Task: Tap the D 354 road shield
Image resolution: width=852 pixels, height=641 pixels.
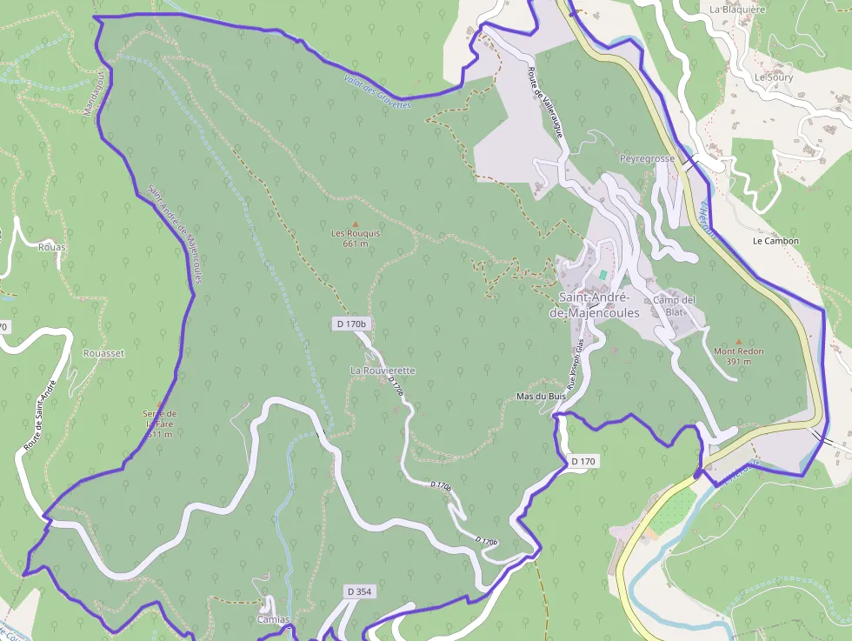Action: pyautogui.click(x=360, y=591)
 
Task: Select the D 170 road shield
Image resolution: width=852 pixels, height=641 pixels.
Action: pyautogui.click(x=584, y=461)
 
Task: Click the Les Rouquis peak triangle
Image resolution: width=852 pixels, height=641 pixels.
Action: pyautogui.click(x=355, y=224)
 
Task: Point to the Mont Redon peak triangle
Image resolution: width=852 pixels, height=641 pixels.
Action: pyautogui.click(x=739, y=342)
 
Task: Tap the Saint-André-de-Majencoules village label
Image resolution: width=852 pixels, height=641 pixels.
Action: pyautogui.click(x=601, y=306)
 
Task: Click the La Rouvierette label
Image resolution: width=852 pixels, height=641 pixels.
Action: pyautogui.click(x=383, y=371)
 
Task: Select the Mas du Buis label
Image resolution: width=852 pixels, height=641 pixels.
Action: pyautogui.click(x=541, y=396)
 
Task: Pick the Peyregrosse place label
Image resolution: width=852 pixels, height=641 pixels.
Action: pyautogui.click(x=647, y=159)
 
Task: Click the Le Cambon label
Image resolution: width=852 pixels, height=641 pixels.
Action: pyautogui.click(x=775, y=241)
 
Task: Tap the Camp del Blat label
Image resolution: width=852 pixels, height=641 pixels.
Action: pyautogui.click(x=675, y=305)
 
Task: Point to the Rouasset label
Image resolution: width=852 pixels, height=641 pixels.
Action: pyautogui.click(x=103, y=354)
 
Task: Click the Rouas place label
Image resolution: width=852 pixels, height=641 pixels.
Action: pyautogui.click(x=52, y=247)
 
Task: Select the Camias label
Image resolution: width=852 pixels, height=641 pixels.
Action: pyautogui.click(x=273, y=620)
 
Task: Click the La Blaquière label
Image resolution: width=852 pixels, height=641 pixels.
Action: pyautogui.click(x=736, y=10)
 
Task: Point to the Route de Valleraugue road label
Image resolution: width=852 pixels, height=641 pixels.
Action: pyautogui.click(x=545, y=103)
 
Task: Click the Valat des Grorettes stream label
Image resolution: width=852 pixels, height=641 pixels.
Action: pyautogui.click(x=376, y=92)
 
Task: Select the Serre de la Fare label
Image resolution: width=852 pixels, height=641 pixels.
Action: pyautogui.click(x=159, y=424)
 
